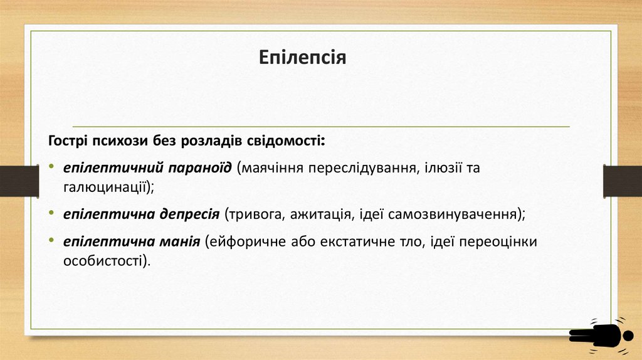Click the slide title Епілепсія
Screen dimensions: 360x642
(x=303, y=59)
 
